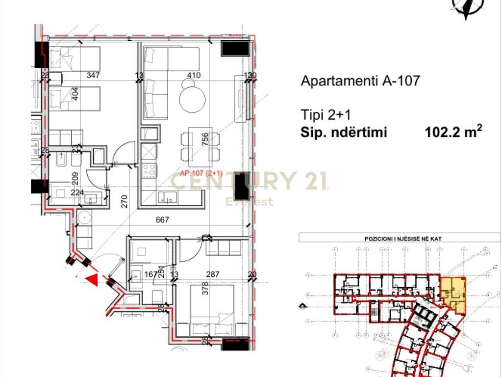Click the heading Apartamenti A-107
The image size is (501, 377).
(x=360, y=81)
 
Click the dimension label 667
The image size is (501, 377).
(x=162, y=219)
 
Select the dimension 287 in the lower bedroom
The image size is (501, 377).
(x=212, y=274)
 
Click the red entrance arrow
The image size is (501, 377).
(x=91, y=279)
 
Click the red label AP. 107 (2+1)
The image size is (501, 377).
(x=201, y=173)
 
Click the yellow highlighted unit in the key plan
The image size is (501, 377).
(x=453, y=293)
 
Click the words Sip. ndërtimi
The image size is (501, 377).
(x=344, y=132)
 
